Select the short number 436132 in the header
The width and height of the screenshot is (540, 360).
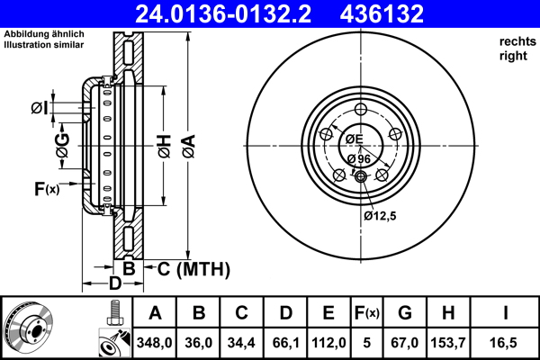coord(405,13)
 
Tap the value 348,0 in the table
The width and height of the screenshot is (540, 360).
coord(155,343)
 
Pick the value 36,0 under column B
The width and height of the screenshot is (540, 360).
coord(199,343)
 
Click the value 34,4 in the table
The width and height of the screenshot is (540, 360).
coord(242,343)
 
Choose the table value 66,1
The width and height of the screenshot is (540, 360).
coord(285,343)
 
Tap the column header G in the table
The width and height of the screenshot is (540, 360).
coord(405,314)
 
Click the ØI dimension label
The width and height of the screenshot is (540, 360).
coord(39,108)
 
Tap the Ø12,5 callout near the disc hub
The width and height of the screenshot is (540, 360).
coord(381,215)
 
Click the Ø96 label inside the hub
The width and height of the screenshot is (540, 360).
coord(357,158)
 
